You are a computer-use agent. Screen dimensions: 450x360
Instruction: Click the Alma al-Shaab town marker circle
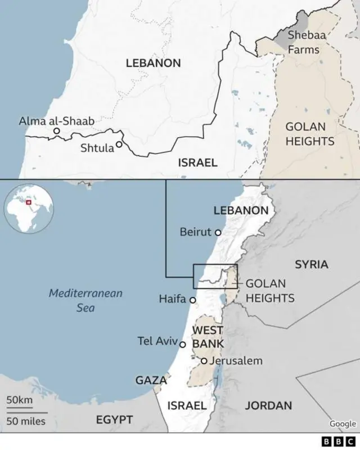(56, 131)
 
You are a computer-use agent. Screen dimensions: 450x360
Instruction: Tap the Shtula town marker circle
(119, 145)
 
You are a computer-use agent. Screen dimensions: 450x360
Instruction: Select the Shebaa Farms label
(304, 42)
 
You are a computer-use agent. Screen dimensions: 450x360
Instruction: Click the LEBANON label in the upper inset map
(153, 63)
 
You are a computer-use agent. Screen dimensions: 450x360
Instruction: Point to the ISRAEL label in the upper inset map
(197, 163)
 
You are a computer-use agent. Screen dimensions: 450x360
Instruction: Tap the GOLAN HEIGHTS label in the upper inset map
(310, 134)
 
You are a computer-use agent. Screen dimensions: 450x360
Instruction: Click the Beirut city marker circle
(218, 232)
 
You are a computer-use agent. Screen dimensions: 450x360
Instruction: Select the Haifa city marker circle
(192, 300)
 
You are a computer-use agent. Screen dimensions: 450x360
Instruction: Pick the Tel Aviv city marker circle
(182, 344)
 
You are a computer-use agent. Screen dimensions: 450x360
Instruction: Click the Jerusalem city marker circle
(204, 361)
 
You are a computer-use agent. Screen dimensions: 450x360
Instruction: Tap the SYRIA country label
(311, 264)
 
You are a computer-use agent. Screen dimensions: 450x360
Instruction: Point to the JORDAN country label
(268, 406)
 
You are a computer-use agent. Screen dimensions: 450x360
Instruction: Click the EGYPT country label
(114, 420)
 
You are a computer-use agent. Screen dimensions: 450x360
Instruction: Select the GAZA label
(150, 380)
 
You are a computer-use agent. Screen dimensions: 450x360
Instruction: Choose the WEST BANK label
(208, 336)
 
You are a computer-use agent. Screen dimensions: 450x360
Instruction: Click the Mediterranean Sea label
(85, 300)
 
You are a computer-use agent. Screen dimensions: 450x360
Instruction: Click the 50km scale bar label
(19, 400)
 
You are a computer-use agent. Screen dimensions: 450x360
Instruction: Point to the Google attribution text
(343, 424)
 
